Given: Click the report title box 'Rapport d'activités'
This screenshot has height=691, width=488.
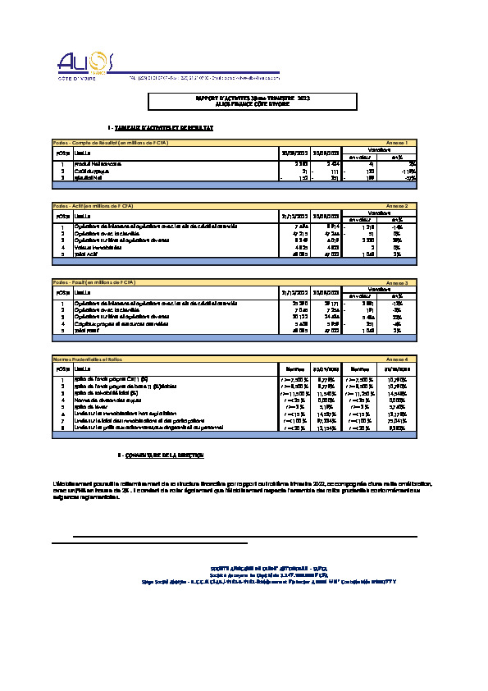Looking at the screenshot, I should coord(252,101).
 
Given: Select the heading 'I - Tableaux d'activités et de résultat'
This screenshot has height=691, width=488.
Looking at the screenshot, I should coord(161,129).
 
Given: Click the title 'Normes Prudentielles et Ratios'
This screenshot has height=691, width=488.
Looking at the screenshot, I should coord(92,359).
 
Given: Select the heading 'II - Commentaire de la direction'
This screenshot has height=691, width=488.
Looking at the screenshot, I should coord(161,455).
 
